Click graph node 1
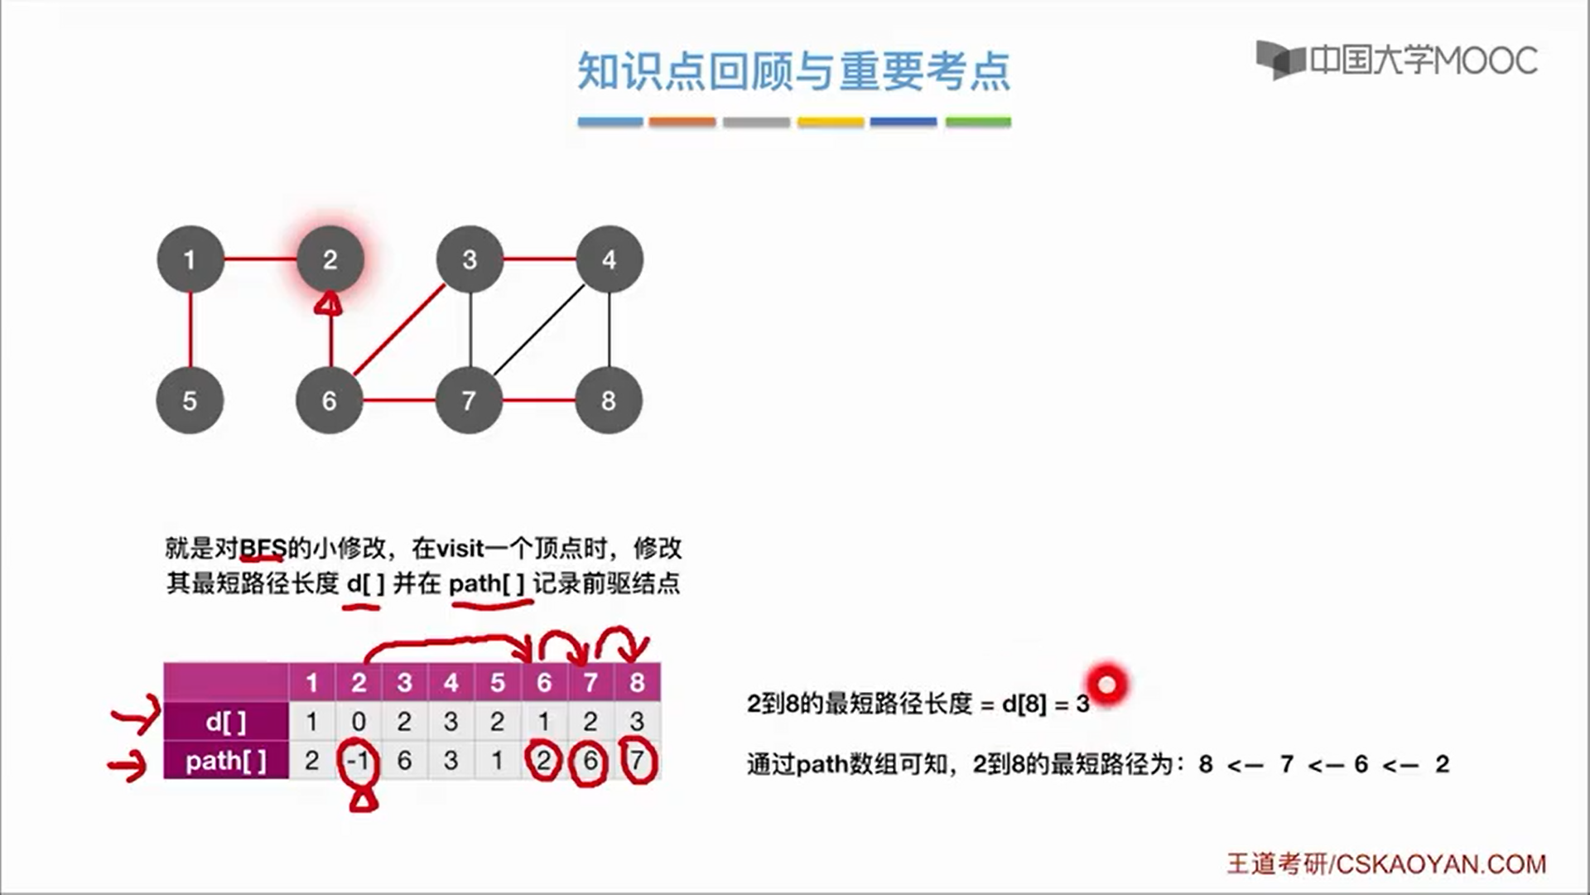(x=190, y=259)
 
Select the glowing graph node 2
(x=330, y=259)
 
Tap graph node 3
(x=470, y=259)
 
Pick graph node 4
(x=609, y=259)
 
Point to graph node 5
(x=190, y=400)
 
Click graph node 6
(x=329, y=400)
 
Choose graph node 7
(x=469, y=400)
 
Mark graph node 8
(x=609, y=400)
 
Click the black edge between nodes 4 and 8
(x=609, y=330)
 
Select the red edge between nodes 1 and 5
(x=190, y=330)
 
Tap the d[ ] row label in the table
(x=226, y=722)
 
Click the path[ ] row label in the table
(x=226, y=760)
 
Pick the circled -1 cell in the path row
(x=358, y=760)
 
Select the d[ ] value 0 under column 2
(x=358, y=722)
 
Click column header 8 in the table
(x=637, y=683)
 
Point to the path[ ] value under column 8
(x=637, y=760)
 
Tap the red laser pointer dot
(x=1107, y=685)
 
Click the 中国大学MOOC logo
(x=1397, y=60)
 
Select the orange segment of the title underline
(x=682, y=122)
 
